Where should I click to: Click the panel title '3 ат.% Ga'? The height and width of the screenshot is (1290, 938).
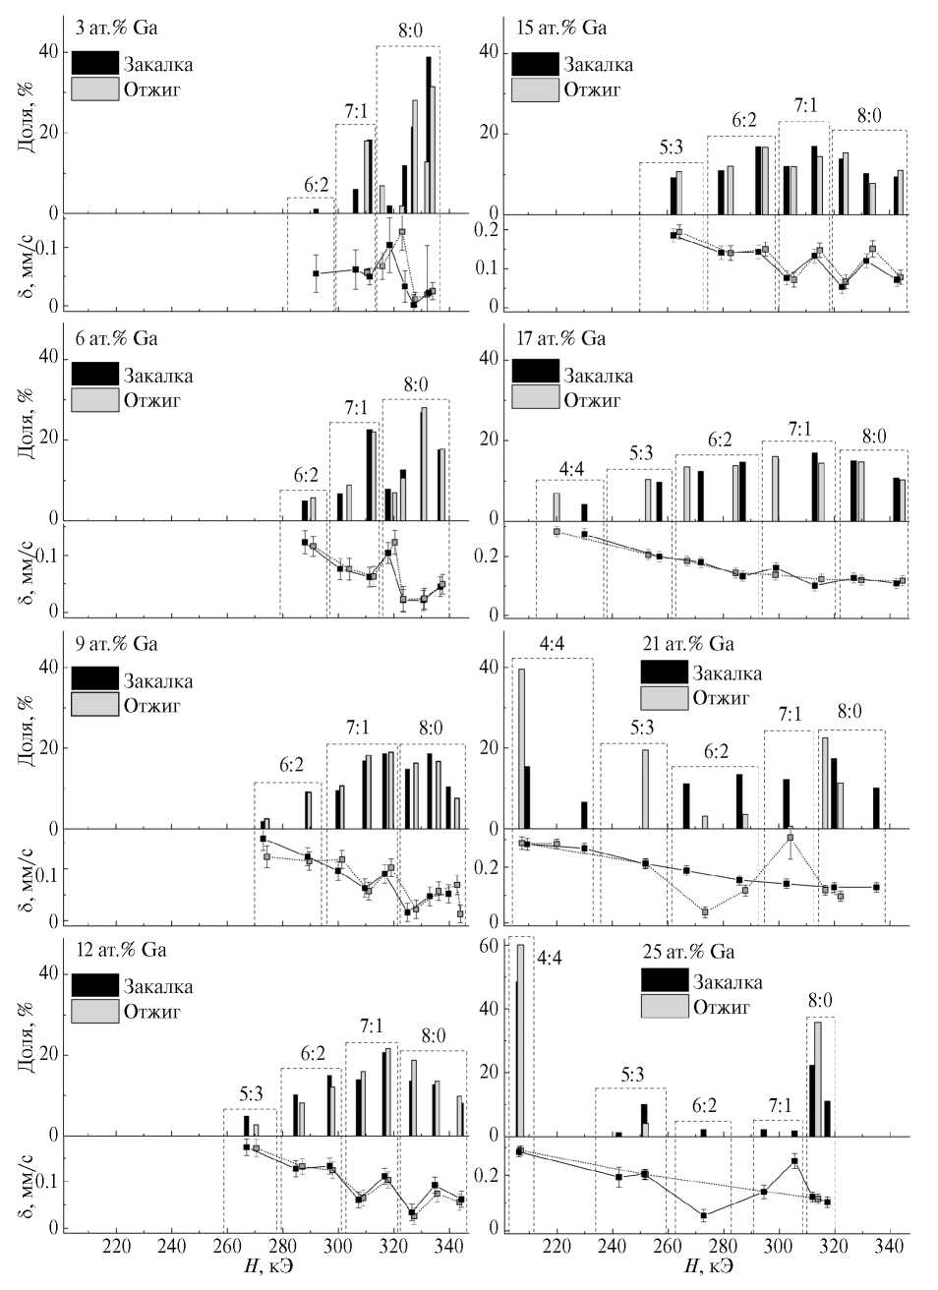coord(117,28)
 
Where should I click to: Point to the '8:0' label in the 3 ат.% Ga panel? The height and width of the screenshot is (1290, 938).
coord(410,30)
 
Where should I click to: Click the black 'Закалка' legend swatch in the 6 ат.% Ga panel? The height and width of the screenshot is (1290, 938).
coord(95,374)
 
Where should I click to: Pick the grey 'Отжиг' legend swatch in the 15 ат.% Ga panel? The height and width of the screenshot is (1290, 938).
coord(535,89)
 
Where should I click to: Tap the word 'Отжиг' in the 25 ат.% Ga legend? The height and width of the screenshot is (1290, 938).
coord(722,1007)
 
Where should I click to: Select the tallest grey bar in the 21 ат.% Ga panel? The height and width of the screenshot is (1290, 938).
coord(522,748)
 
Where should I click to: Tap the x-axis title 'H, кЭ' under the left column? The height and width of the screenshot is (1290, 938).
coord(267,1264)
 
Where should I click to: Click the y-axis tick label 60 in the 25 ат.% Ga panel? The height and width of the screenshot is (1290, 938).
coord(489,946)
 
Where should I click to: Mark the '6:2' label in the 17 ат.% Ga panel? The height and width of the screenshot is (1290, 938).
coord(718,440)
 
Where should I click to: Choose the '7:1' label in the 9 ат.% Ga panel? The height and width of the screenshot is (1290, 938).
coord(356,728)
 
